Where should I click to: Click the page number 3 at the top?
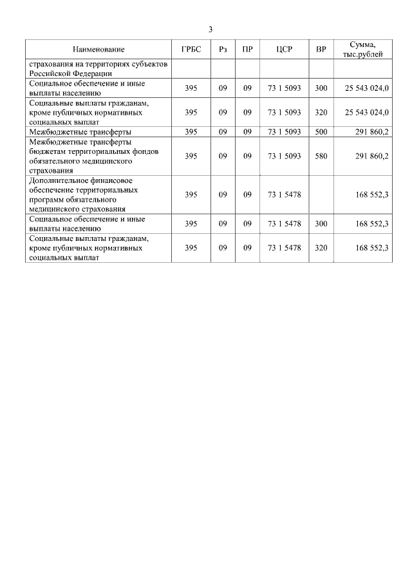point(211,29)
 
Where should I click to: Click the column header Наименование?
point(98,50)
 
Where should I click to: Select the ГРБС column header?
point(191,50)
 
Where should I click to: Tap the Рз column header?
point(223,50)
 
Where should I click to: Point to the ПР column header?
point(247,50)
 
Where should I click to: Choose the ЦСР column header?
point(284,50)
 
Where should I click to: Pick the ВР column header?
point(321,50)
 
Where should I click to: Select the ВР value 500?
point(321,132)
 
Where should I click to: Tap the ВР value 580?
point(321,156)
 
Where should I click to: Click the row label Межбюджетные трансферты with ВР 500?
point(76,132)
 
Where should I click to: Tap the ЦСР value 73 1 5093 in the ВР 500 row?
point(284,132)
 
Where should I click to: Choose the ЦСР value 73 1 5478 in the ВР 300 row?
point(284,224)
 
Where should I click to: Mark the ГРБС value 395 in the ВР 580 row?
point(191,156)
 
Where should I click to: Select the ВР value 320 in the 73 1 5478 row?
point(321,247)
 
